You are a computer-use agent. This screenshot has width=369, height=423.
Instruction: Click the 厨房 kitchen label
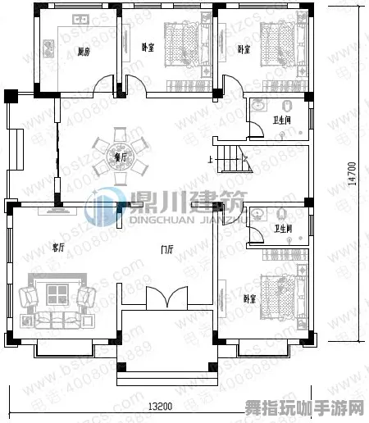83,52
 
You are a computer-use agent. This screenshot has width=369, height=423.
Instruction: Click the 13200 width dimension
160,406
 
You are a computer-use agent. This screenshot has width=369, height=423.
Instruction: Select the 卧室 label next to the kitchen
148,48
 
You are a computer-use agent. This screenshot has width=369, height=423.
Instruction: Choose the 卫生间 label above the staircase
282,120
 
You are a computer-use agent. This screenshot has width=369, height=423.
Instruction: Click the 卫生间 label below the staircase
284,229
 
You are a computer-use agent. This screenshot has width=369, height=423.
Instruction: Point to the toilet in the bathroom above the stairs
287,106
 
